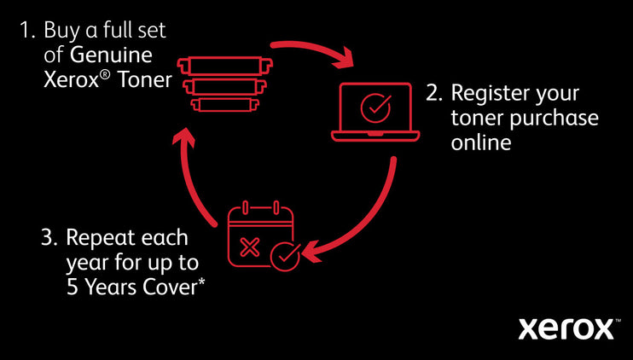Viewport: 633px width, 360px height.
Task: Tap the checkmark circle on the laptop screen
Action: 375,107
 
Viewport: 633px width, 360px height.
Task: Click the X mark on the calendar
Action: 251,247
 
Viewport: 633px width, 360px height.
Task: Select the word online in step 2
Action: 481,142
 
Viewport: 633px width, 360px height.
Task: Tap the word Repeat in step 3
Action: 99,237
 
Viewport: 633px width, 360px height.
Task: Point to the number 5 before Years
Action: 72,287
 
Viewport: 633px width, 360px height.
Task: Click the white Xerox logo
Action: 566,328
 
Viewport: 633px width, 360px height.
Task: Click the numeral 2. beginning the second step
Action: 433,93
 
